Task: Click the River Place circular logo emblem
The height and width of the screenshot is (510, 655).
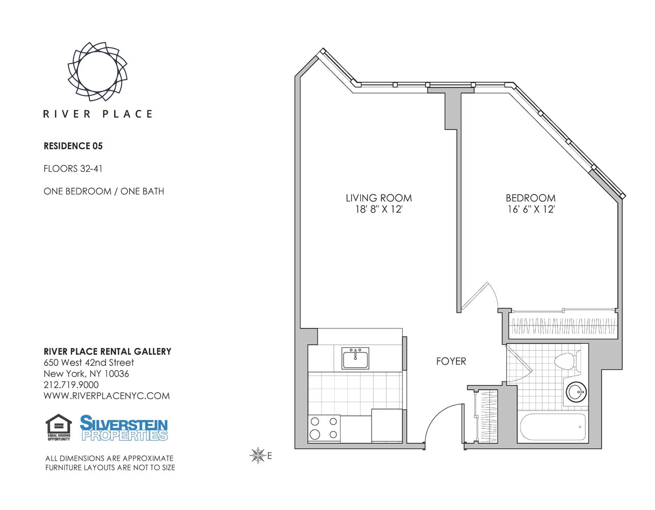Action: [x=97, y=71]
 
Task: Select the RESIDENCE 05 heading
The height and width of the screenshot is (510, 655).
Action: [x=73, y=146]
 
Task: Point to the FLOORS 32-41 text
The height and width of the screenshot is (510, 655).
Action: [x=73, y=169]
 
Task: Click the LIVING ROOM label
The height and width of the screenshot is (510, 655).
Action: [x=379, y=198]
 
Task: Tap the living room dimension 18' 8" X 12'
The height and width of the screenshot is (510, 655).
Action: [x=379, y=209]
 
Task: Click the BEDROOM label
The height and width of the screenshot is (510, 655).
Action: [x=531, y=198]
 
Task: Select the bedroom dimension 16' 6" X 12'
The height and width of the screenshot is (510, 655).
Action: [x=531, y=209]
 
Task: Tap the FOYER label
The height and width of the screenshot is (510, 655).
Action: [x=451, y=361]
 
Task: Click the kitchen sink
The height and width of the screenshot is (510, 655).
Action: [x=355, y=358]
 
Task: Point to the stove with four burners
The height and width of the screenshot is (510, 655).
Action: [x=324, y=428]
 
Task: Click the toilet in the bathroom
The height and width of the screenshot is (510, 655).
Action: [x=567, y=361]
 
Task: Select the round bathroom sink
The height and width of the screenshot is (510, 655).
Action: [x=576, y=392]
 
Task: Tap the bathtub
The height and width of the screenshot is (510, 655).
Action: [x=553, y=427]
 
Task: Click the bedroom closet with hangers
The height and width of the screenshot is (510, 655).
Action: [x=563, y=326]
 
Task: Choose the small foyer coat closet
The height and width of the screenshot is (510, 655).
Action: [x=485, y=416]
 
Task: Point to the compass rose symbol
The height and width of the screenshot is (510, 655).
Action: [x=258, y=455]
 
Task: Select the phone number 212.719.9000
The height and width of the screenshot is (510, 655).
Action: [x=71, y=385]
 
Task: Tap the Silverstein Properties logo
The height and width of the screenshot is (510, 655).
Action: [x=123, y=428]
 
